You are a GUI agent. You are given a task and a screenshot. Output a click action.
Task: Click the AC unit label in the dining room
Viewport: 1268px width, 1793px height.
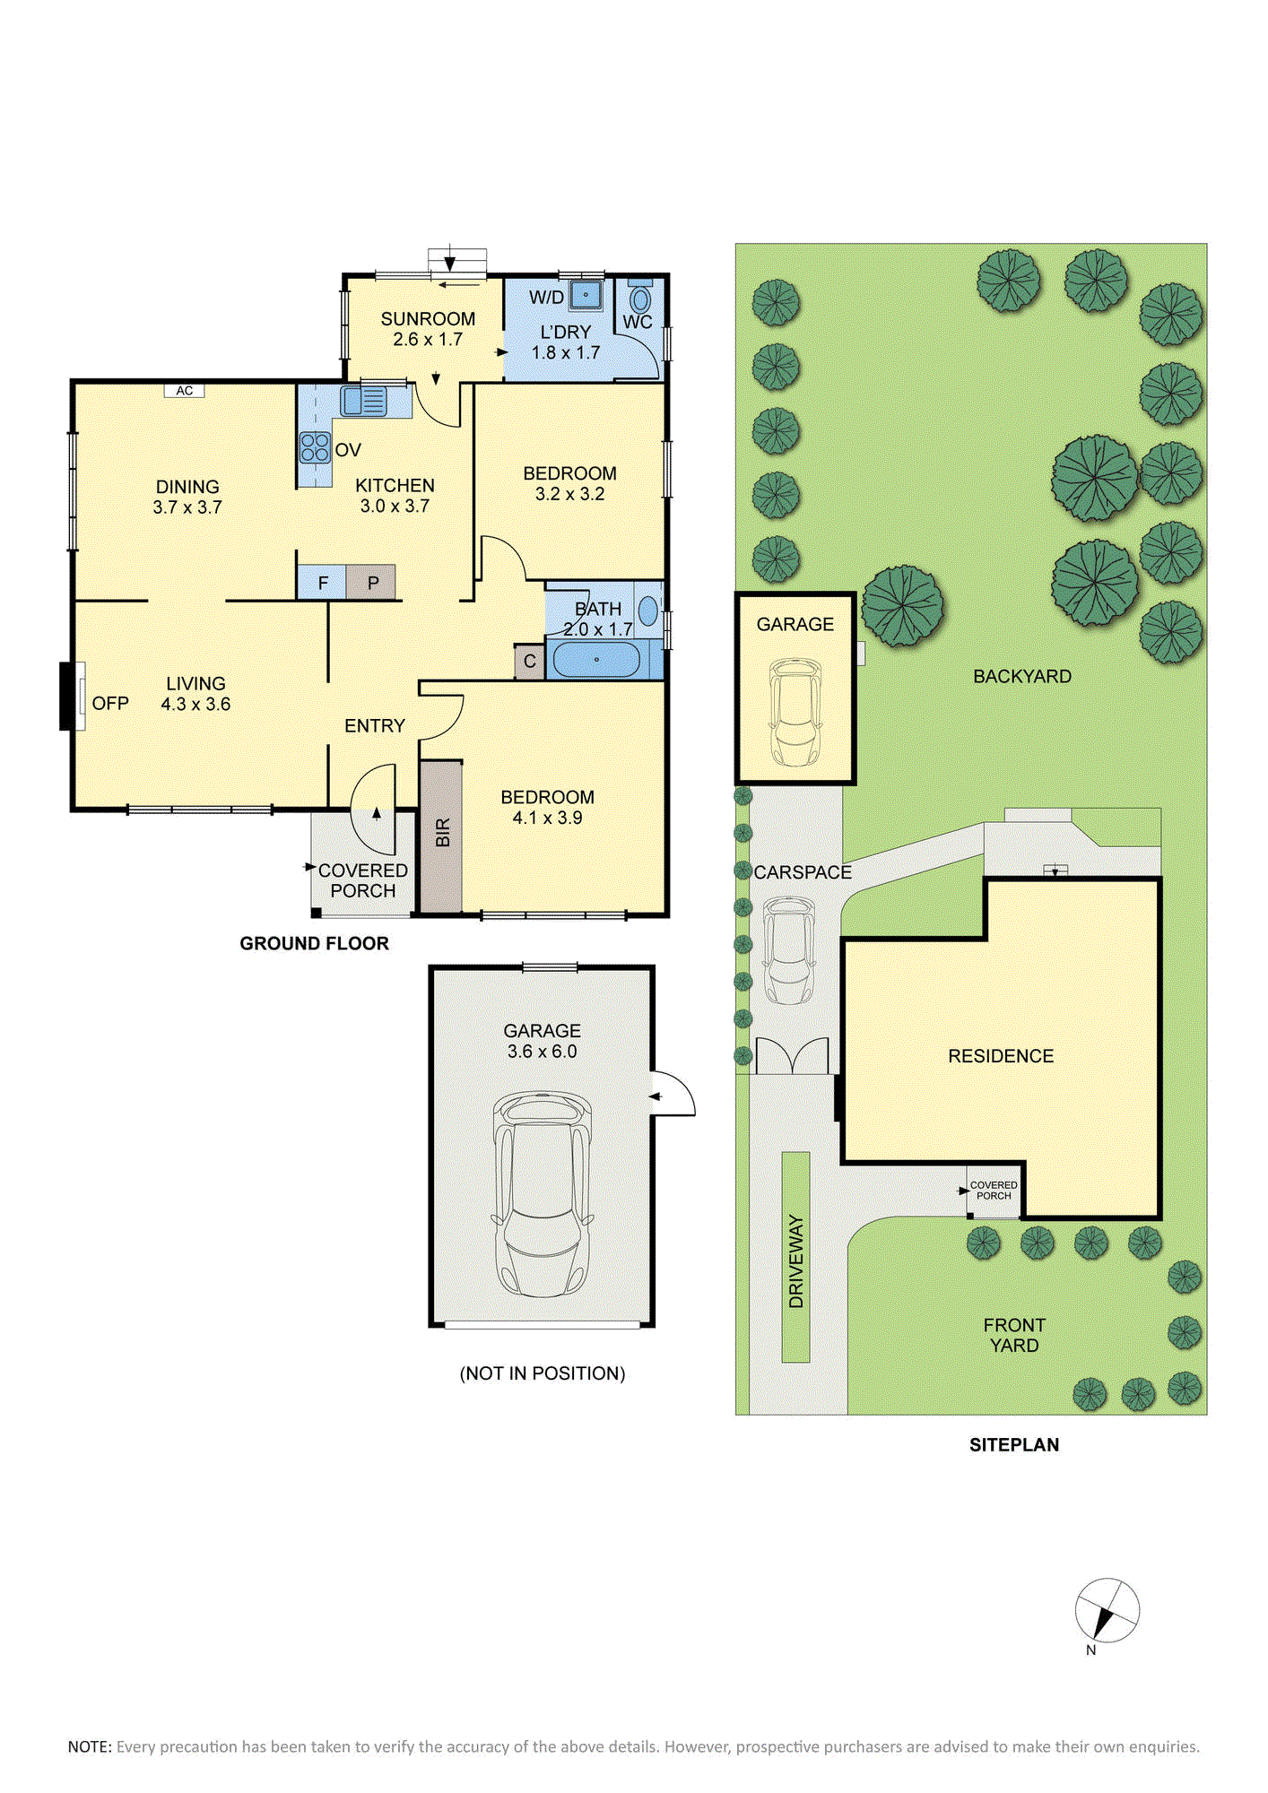185,391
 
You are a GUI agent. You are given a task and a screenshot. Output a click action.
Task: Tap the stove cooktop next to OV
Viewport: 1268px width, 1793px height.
315,446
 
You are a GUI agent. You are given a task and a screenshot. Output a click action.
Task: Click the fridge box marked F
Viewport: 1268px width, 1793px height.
322,583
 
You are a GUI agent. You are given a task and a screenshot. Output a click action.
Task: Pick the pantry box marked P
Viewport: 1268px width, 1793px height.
371,583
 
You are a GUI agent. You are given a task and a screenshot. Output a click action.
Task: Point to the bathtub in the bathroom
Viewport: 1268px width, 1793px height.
596,660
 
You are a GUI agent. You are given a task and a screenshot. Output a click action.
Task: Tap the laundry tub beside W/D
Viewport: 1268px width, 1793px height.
586,293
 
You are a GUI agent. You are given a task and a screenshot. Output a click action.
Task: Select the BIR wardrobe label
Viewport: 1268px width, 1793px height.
443,833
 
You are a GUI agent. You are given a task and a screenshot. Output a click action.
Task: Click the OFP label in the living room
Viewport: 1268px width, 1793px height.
110,704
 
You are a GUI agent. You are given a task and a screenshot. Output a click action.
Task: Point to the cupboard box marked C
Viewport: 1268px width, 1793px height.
530,662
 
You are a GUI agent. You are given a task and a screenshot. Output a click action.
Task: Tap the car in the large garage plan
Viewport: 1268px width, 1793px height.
542,1193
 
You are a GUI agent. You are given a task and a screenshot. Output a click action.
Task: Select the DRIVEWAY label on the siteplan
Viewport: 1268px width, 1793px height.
796,1260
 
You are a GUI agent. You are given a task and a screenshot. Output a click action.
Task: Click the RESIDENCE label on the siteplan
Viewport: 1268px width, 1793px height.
1001,1056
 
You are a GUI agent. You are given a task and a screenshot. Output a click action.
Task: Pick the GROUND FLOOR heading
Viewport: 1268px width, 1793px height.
315,943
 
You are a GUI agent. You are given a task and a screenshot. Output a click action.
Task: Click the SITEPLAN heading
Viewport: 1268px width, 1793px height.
1014,1445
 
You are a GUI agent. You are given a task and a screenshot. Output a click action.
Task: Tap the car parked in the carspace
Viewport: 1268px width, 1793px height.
789,950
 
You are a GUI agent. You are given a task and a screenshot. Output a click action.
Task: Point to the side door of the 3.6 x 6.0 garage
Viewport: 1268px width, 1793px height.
673,1094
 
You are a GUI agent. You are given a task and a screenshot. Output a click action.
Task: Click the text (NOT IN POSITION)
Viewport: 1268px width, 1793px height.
543,1373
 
